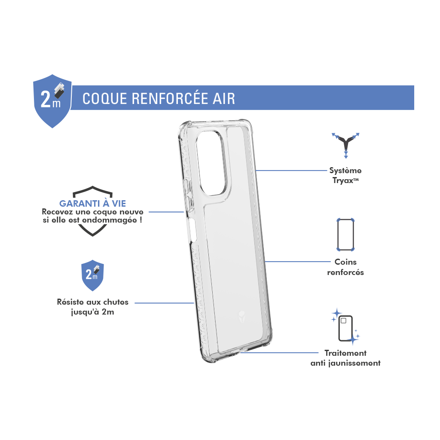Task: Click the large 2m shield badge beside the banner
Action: [52, 101]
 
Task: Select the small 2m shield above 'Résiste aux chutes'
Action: [93, 275]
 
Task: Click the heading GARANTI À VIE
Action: [93, 203]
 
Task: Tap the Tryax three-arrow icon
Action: [345, 145]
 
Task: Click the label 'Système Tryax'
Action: [345, 175]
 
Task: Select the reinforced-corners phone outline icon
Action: [345, 235]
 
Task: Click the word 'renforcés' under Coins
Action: [345, 272]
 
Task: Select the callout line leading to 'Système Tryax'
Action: [292, 170]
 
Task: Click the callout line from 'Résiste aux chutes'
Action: [164, 303]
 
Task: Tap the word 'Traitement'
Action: [345, 353]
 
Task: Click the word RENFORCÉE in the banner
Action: [170, 98]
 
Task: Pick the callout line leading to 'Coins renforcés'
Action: [298, 262]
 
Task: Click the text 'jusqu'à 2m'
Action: [93, 312]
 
